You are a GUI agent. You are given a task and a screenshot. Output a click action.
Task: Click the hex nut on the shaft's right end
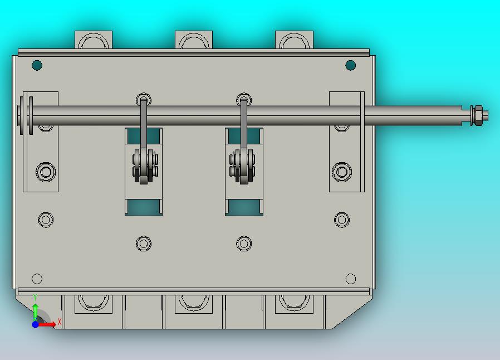click(x=478, y=115)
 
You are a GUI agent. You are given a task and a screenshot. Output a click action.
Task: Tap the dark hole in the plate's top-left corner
click(x=37, y=65)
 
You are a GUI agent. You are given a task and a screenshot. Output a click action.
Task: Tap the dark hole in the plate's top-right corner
click(x=350, y=65)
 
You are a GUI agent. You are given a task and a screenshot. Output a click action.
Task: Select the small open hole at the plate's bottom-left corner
click(x=37, y=279)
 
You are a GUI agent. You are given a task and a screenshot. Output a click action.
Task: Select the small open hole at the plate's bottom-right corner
click(x=350, y=279)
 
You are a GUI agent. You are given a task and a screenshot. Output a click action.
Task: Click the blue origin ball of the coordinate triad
click(x=36, y=324)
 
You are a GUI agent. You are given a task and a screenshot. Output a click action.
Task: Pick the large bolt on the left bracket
click(x=46, y=172)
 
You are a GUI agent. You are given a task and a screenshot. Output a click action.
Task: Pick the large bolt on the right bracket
click(x=342, y=172)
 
